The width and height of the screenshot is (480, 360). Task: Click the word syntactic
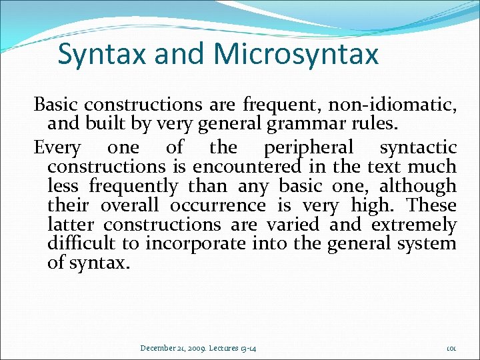coord(418,147)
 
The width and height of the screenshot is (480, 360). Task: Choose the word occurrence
coord(217,205)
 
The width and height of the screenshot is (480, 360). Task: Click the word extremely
coord(414,224)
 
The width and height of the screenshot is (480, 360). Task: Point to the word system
coord(425,243)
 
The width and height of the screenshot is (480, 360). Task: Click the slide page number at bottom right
coord(451,348)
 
